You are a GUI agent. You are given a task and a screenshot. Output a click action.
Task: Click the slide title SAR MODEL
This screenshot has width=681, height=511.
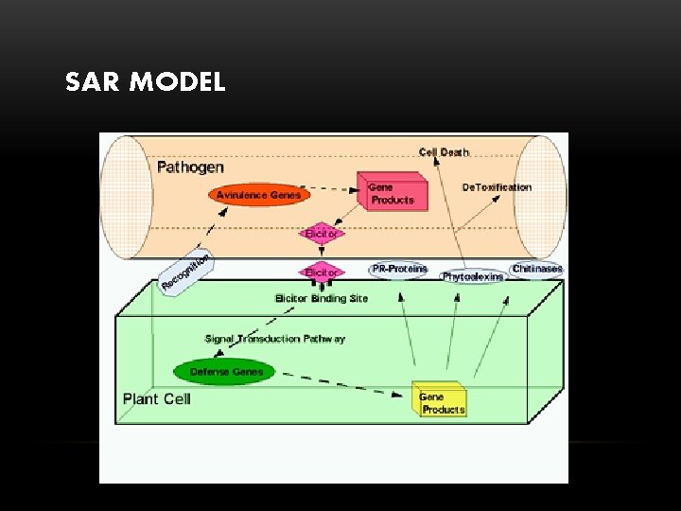pos(145,82)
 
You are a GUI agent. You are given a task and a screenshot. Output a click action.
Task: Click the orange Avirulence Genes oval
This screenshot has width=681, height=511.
pos(258,196)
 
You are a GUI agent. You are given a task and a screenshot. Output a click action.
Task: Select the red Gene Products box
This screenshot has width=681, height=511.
pos(392,192)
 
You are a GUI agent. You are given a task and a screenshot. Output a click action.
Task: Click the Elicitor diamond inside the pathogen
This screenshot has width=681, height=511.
pos(322,233)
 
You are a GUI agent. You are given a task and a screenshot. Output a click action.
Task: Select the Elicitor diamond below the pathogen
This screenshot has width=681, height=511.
pos(322,272)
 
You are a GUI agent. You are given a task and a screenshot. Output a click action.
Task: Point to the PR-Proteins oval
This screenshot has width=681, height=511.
pos(399,270)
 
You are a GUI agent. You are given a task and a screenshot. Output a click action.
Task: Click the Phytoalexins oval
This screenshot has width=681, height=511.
pos(473,277)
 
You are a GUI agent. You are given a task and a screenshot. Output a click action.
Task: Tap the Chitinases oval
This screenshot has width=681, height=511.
pos(536,269)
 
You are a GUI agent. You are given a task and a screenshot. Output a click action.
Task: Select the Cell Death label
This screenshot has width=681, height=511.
pos(444,152)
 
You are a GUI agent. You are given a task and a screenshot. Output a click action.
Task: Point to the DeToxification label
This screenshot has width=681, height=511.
pos(497,187)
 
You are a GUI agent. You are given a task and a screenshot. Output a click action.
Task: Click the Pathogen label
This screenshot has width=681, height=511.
pos(190,167)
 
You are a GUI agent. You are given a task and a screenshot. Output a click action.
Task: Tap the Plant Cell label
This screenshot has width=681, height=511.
pos(157,398)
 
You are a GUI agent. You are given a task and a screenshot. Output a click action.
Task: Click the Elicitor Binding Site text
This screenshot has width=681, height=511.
pos(322,299)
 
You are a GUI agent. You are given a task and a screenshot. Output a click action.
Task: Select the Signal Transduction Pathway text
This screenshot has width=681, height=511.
pos(274,339)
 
